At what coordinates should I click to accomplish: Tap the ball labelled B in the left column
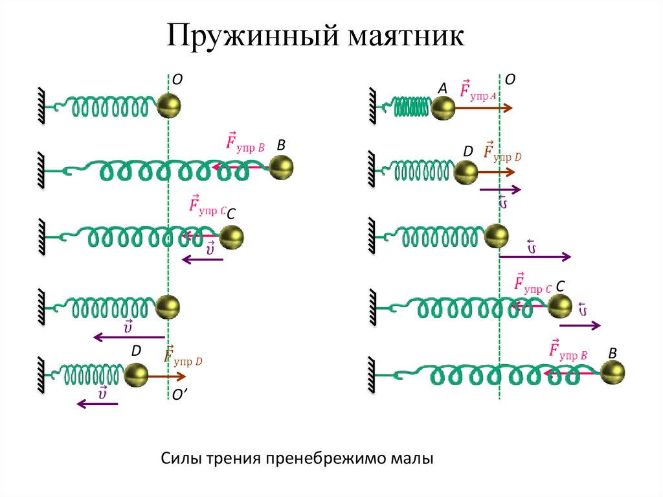pos(282,168)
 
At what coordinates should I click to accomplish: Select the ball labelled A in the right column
pos(444,108)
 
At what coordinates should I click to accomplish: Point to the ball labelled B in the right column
pos(613,373)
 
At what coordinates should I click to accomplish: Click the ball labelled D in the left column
pos(136,375)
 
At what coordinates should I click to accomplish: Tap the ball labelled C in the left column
pos(232,237)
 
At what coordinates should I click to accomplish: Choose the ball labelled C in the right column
pos(560,306)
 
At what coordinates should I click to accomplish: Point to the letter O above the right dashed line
pos(510,78)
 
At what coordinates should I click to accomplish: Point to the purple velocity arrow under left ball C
pos(202,260)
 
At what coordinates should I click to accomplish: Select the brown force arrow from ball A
pos(484,108)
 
